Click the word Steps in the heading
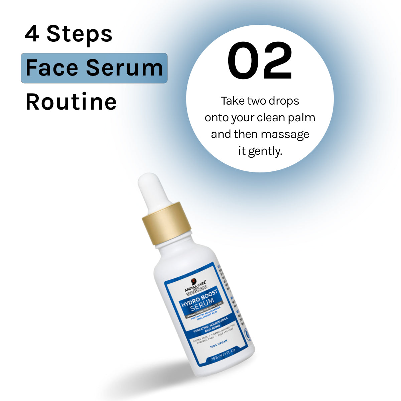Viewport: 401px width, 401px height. (79, 34)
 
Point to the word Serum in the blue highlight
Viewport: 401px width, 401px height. (125, 68)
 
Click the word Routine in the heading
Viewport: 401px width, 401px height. (71, 102)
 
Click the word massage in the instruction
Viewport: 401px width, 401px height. (285, 134)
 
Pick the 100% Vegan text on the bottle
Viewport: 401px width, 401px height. (219, 345)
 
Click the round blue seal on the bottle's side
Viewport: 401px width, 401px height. (247, 335)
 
